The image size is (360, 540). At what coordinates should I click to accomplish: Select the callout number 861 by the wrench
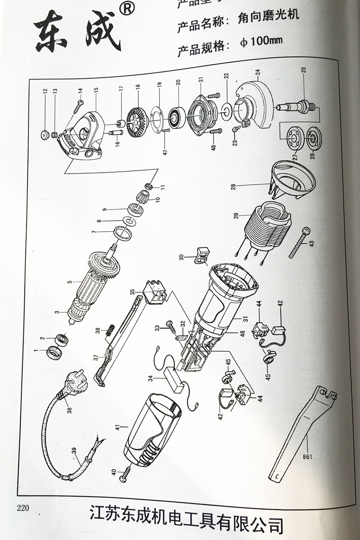[x=307, y=456]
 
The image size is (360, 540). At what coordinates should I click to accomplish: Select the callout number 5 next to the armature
[x=69, y=282]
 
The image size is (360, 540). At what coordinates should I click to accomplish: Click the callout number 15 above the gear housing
[x=96, y=90]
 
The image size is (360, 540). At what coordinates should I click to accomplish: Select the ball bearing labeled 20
[x=178, y=117]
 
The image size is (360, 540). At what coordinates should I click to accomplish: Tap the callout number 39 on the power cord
[x=73, y=450]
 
